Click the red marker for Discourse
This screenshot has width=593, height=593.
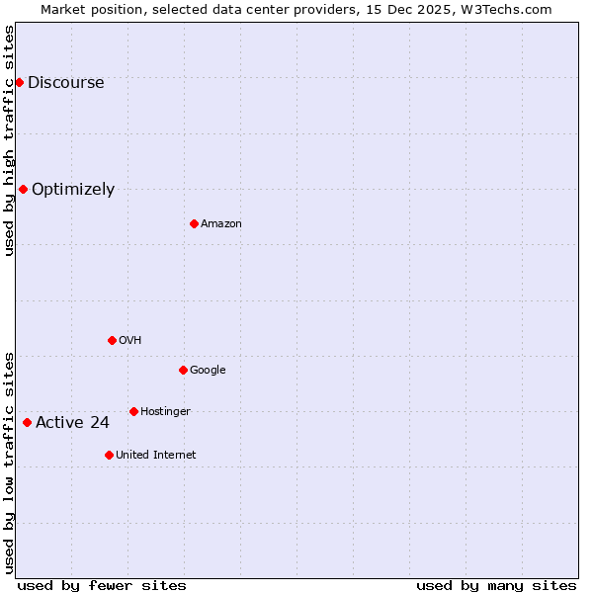click(19, 82)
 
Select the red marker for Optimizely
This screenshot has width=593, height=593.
click(23, 189)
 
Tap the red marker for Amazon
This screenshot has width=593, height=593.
click(194, 223)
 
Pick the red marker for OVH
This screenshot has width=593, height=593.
click(112, 340)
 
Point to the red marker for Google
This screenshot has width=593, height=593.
click(183, 370)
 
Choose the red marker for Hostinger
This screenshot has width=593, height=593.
click(133, 411)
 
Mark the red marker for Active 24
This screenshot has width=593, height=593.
click(27, 422)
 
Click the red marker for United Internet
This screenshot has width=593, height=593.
click(109, 455)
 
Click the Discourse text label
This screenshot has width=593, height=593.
click(65, 83)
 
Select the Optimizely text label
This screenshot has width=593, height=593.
click(73, 190)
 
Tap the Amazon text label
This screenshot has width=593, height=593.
click(221, 224)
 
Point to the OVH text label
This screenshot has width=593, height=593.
click(130, 341)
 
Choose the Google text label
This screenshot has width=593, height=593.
click(208, 371)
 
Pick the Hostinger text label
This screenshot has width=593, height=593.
click(165, 412)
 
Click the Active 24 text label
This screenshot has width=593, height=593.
click(72, 423)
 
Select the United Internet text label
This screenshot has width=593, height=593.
click(155, 456)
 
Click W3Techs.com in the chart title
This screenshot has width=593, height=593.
click(503, 9)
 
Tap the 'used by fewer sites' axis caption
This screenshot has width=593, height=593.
click(102, 585)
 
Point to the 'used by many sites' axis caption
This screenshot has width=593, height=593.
click(496, 585)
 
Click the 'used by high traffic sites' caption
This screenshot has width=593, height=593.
click(9, 140)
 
